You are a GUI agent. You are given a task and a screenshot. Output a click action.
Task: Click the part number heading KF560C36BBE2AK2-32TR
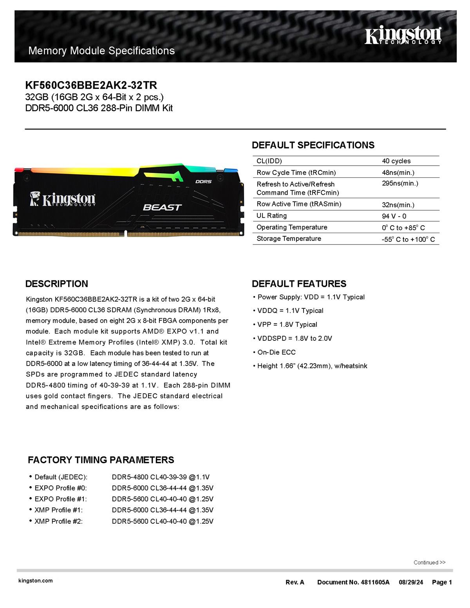tap(91, 85)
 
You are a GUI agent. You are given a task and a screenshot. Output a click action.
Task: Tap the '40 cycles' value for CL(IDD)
tap(396, 161)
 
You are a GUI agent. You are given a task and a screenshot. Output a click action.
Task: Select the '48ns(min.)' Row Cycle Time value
tap(398, 173)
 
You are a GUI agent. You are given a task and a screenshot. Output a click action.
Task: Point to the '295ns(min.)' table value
tap(400, 183)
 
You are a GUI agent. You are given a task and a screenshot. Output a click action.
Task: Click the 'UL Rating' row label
tap(271, 216)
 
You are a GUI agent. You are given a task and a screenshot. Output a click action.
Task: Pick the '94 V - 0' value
tap(394, 216)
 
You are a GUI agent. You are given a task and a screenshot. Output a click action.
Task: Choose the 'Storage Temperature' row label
tap(289, 239)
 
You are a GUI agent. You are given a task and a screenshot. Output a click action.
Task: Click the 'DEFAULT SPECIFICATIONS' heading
tap(313, 145)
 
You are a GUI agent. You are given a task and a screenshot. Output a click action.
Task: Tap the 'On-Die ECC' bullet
tap(276, 352)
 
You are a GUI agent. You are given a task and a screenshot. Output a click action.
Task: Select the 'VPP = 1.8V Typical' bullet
tap(287, 324)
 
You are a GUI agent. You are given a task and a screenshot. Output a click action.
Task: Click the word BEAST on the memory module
tap(162, 207)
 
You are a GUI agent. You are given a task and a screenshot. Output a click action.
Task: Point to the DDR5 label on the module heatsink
tap(203, 182)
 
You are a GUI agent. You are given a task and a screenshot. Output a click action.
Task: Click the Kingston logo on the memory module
tap(63, 199)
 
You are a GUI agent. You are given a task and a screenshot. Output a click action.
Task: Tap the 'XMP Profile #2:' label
tap(58, 521)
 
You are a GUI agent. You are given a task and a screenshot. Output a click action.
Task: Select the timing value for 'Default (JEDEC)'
tap(161, 477)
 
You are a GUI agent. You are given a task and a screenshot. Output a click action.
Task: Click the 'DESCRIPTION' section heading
tap(57, 284)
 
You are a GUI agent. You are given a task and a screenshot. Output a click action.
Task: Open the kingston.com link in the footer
tap(36, 581)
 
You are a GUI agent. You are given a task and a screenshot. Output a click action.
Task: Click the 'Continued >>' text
tap(429, 563)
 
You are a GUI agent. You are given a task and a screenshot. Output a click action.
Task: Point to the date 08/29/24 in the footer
tap(411, 582)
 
